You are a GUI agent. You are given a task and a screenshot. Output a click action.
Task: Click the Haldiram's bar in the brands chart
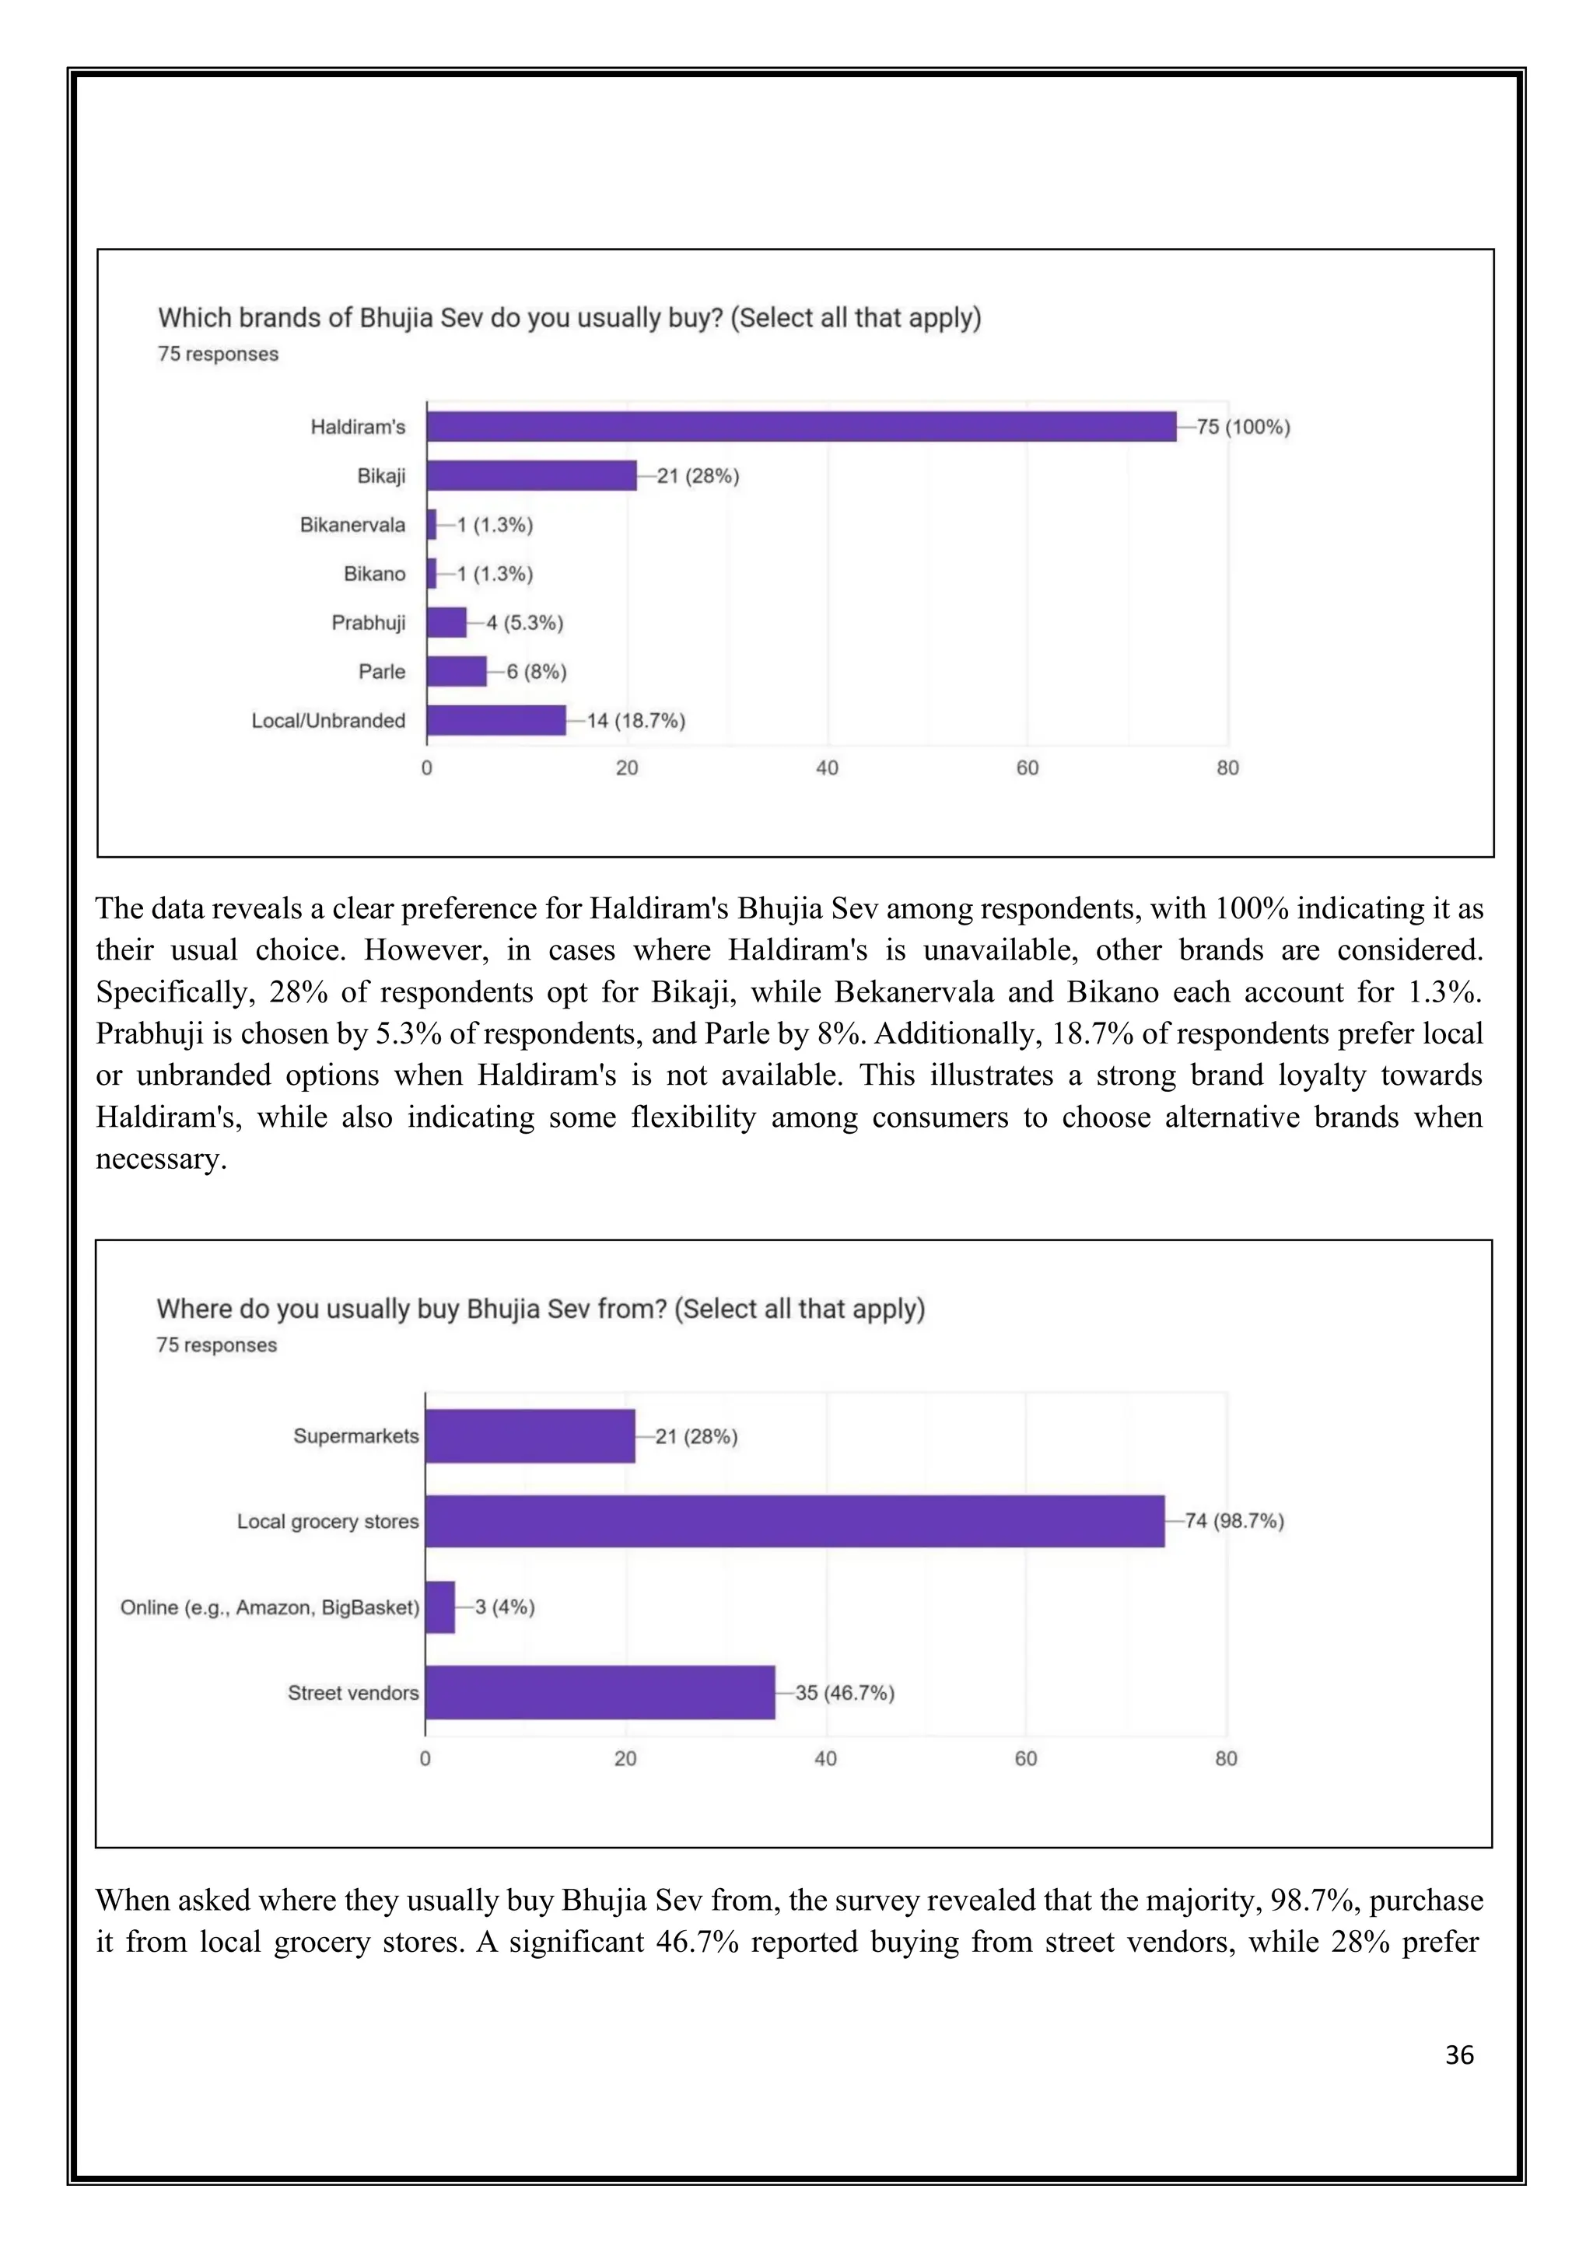[x=800, y=427]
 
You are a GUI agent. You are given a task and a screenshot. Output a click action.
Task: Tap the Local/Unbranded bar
[x=495, y=721]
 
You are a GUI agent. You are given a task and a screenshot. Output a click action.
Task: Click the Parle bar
[x=456, y=672]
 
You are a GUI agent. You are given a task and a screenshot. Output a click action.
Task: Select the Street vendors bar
[x=600, y=1692]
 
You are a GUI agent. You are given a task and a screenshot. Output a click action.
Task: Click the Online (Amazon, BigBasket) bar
[x=440, y=1607]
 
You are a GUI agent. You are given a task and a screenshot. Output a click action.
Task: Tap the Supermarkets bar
[x=530, y=1436]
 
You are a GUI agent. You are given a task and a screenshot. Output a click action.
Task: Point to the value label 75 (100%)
[x=1243, y=427]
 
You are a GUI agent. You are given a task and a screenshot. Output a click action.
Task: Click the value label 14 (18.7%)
[x=635, y=721]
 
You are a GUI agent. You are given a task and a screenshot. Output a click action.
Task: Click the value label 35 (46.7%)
[x=845, y=1692]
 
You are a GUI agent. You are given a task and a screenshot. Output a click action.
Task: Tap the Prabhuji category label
[x=368, y=623]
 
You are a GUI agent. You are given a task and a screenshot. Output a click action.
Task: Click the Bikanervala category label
[x=352, y=525]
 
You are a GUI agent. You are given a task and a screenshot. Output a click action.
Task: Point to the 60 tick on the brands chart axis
[x=1027, y=768]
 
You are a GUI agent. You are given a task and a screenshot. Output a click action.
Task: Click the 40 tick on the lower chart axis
[x=825, y=1759]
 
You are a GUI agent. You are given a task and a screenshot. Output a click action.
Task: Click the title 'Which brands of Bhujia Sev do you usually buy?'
[x=569, y=318]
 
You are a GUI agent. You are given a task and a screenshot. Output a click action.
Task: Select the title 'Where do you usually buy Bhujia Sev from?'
[x=541, y=1309]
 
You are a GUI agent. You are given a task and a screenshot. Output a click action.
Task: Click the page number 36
[x=1458, y=2054]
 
